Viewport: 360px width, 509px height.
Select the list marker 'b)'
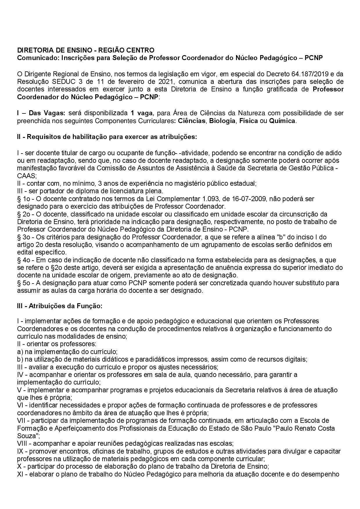click(x=20, y=359)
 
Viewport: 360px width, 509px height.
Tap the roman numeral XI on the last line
click(x=20, y=474)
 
